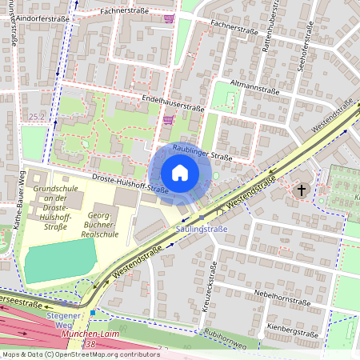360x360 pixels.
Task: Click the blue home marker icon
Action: tap(180, 173)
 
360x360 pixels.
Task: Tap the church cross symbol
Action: tap(302, 190)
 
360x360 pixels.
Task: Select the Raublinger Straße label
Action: tap(203, 152)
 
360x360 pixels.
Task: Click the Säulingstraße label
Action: tap(201, 229)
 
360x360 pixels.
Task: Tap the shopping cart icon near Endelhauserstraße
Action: tap(168, 120)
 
